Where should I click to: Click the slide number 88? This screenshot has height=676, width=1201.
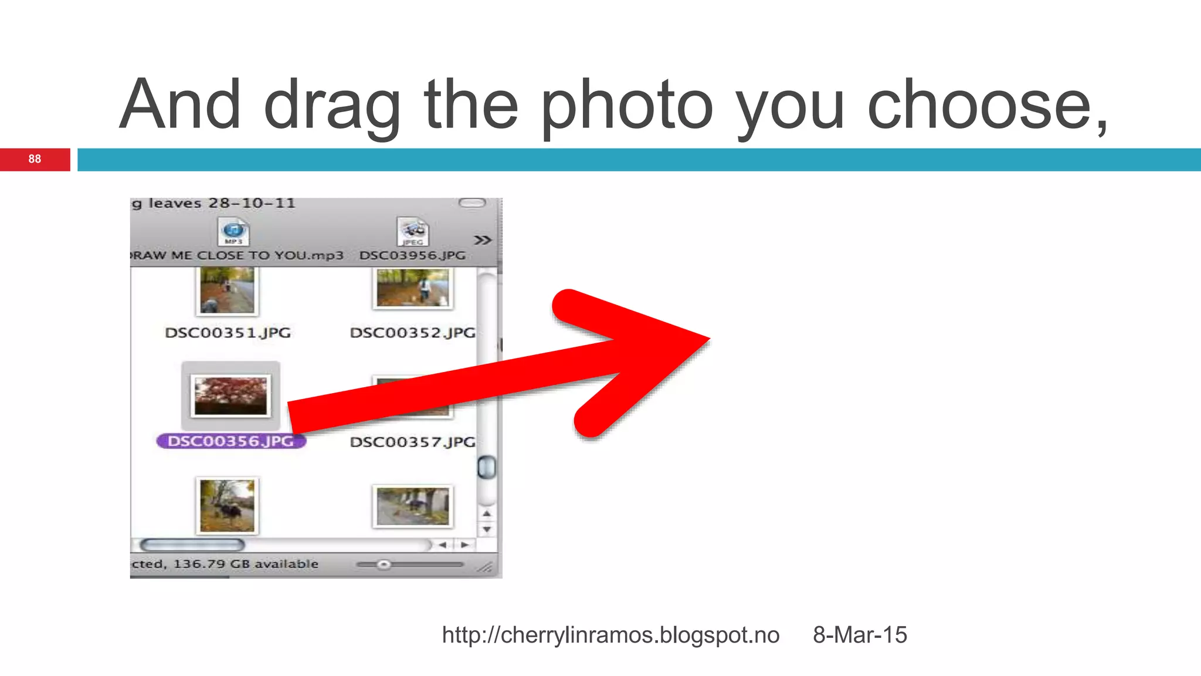coord(35,159)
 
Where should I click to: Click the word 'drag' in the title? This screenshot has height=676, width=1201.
coord(332,106)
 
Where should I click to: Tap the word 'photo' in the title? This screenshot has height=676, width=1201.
coord(626,106)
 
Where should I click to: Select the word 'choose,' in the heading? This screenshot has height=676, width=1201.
coord(988,106)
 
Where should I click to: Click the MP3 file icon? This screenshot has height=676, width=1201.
coord(233,232)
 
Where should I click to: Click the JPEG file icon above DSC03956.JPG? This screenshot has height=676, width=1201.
coord(413,232)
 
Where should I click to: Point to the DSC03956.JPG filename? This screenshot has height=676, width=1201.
coord(412,255)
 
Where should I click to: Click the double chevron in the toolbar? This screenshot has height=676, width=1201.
coord(483,240)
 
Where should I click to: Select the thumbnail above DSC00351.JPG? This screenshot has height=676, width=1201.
coord(228,290)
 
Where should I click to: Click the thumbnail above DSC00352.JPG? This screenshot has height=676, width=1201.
coord(413,288)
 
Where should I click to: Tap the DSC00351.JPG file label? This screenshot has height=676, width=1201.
coord(228,333)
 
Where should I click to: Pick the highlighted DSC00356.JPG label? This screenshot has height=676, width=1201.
coord(230,441)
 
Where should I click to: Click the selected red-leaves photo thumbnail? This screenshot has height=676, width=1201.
coord(230,396)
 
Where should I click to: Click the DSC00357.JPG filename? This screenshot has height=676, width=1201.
coord(412,442)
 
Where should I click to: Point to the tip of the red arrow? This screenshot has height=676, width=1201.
coord(708,339)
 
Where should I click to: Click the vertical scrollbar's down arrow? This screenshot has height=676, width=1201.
coord(487,529)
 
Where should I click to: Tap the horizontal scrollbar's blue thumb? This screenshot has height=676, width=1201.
coord(192,545)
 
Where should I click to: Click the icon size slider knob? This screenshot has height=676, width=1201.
coord(384,565)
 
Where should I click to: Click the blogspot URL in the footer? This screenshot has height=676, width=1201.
coord(610,635)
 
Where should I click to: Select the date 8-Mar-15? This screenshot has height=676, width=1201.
coord(860,635)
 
